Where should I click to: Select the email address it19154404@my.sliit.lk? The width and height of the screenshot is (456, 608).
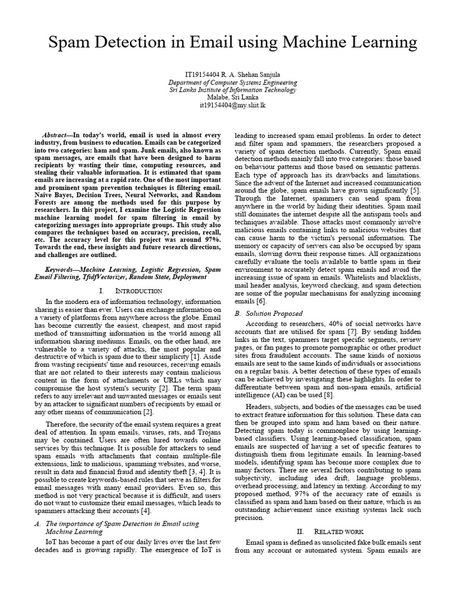[228, 105]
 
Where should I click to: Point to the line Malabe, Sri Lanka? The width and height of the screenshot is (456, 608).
[228, 97]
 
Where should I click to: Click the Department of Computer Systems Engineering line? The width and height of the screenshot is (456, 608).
[228, 82]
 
